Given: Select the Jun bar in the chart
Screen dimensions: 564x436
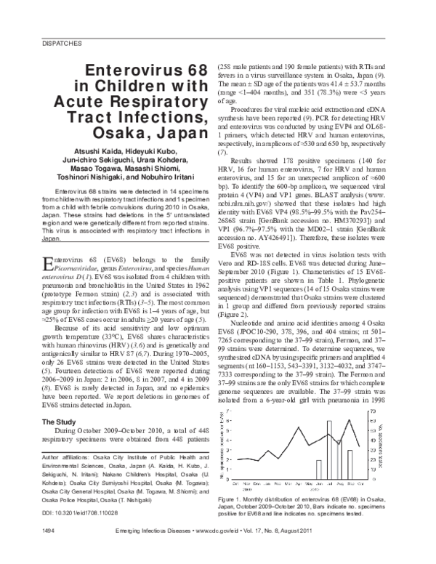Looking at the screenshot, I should click(x=318, y=470).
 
